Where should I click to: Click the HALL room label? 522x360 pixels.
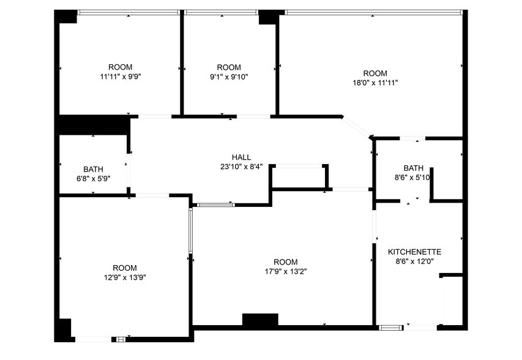pos(241,157)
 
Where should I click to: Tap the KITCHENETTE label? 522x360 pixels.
pos(414,252)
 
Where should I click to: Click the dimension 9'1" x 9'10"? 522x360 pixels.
pos(229,77)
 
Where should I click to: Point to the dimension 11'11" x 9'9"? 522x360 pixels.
pos(120,77)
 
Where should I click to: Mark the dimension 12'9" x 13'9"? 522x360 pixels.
pos(125,277)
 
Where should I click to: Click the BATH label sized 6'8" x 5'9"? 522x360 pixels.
pos(93,170)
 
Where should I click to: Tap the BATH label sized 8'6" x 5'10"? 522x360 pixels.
pos(413,168)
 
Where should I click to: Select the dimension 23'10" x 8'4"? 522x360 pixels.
pos(241,167)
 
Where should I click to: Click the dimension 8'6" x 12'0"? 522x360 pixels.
pos(414,261)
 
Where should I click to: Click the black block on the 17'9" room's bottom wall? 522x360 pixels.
pos(260,320)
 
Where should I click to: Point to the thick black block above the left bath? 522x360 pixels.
pos(94,124)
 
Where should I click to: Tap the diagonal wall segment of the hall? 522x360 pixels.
pos(356,127)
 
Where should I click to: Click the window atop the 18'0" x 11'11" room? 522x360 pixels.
pos(373,12)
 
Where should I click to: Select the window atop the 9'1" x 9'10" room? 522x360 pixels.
pos(221,12)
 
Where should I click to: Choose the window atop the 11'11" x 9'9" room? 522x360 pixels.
pos(128,12)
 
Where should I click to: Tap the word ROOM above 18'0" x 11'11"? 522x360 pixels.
pos(375,73)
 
